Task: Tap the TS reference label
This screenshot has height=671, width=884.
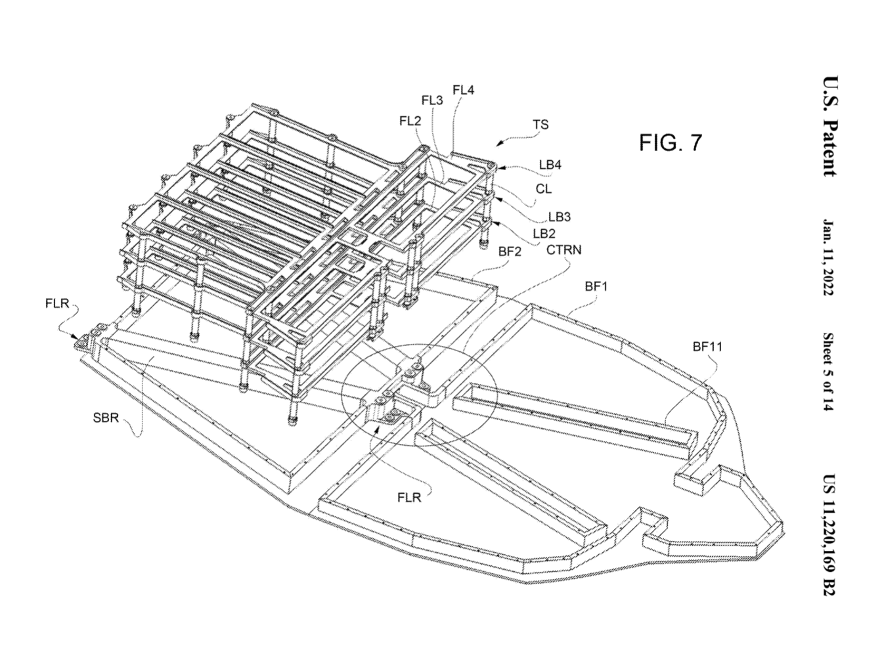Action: pyautogui.click(x=541, y=125)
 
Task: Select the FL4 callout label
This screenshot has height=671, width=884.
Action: pyautogui.click(x=463, y=91)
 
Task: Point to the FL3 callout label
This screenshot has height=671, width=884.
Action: pyautogui.click(x=431, y=100)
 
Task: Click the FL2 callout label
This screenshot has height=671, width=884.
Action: pyautogui.click(x=410, y=121)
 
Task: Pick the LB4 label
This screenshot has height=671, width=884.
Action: pyautogui.click(x=550, y=165)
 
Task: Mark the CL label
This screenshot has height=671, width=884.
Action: pyautogui.click(x=544, y=189)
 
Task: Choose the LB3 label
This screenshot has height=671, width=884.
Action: pyautogui.click(x=559, y=218)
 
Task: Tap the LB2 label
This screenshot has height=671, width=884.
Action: pyautogui.click(x=544, y=233)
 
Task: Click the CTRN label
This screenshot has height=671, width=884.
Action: pyautogui.click(x=564, y=249)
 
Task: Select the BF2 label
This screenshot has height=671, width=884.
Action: pyautogui.click(x=510, y=251)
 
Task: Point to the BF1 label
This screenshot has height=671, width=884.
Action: pyautogui.click(x=596, y=286)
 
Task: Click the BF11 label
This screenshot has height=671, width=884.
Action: pyautogui.click(x=707, y=346)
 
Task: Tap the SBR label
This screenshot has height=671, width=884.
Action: pyautogui.click(x=106, y=417)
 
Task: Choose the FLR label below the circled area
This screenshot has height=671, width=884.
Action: pyautogui.click(x=409, y=498)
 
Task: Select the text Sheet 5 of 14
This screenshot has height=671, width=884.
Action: pyautogui.click(x=828, y=373)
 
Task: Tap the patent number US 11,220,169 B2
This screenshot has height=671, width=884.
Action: pyautogui.click(x=828, y=535)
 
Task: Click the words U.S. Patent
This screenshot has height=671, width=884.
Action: pyautogui.click(x=828, y=127)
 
